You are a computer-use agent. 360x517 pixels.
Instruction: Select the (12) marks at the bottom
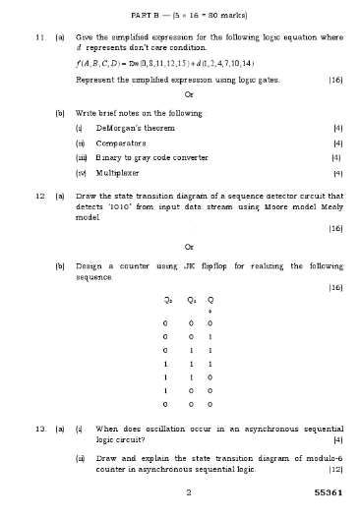point(333,470)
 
